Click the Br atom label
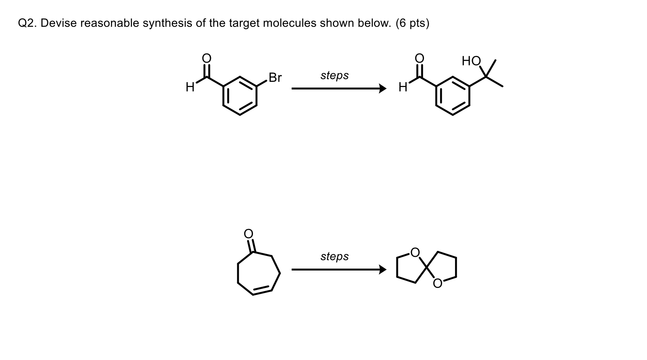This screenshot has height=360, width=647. (275, 78)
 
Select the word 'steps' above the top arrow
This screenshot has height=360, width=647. (335, 75)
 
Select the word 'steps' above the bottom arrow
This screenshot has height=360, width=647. (335, 256)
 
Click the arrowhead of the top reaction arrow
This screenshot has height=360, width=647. (382, 89)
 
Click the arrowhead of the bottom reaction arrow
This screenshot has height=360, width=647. (382, 270)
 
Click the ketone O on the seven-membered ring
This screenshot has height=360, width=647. (249, 233)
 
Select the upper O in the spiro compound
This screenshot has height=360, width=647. (414, 252)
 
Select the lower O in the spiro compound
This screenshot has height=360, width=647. (438, 284)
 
